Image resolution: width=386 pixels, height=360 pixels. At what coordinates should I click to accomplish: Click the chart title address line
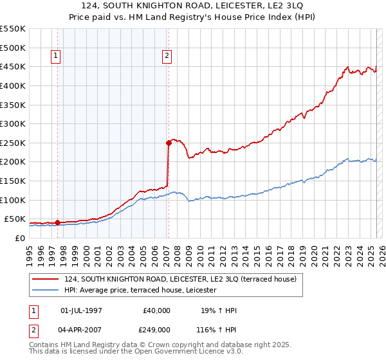(x=193, y=6)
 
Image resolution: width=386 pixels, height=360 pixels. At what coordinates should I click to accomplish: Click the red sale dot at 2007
(x=169, y=143)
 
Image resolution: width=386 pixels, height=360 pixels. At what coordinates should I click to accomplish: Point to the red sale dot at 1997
(x=57, y=222)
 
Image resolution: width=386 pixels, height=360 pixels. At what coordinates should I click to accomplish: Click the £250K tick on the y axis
(x=14, y=143)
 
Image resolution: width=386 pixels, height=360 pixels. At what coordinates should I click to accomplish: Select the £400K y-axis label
(x=14, y=85)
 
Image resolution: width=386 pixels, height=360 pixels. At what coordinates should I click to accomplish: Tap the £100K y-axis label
(x=14, y=200)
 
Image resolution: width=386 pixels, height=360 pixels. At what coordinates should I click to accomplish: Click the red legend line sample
(x=46, y=279)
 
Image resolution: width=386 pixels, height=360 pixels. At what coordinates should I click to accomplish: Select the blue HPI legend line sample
(x=46, y=291)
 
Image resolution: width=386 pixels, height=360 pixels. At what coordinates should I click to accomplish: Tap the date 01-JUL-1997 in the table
(x=81, y=310)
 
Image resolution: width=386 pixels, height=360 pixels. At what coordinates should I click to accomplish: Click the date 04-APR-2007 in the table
(x=81, y=330)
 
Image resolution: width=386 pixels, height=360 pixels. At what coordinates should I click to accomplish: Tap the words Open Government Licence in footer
(x=171, y=353)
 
